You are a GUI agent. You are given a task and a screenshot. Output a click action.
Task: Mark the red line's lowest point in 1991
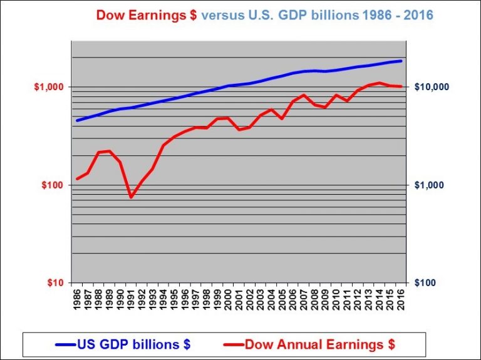point(132,197)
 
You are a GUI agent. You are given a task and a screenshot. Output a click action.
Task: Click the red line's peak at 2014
point(380,83)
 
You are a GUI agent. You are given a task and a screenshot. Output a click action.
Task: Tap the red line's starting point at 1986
point(77,179)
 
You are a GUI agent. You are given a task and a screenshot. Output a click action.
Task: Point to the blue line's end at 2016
point(401,61)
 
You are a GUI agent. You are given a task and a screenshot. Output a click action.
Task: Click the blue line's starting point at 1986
point(77,120)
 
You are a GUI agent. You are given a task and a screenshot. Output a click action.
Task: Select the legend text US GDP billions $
point(133,344)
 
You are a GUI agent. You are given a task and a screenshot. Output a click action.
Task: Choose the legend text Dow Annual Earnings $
point(319,344)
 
